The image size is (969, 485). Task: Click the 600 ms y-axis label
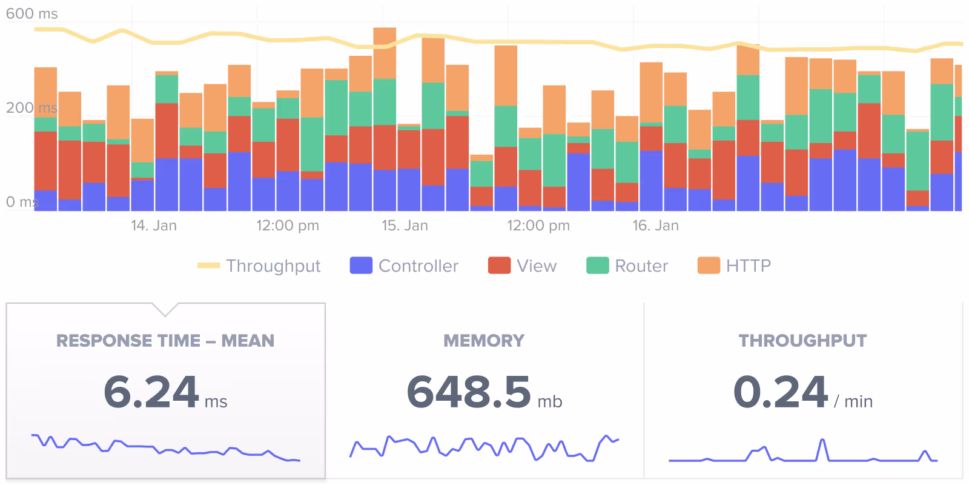31,14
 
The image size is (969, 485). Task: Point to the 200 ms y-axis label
31,108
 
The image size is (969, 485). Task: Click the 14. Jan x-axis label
154,226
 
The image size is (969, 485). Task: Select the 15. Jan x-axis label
405,226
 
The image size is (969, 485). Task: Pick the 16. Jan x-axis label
655,226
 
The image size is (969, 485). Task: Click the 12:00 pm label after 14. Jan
288,226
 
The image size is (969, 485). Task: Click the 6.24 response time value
151,392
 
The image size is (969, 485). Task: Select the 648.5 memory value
469,392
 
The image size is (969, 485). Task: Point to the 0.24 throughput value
780,392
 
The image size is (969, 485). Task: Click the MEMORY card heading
484,341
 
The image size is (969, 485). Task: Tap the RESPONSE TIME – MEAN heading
165,341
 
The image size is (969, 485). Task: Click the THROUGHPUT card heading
802,341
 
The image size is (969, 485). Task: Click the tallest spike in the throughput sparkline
822,441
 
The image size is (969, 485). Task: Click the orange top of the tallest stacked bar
385,52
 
